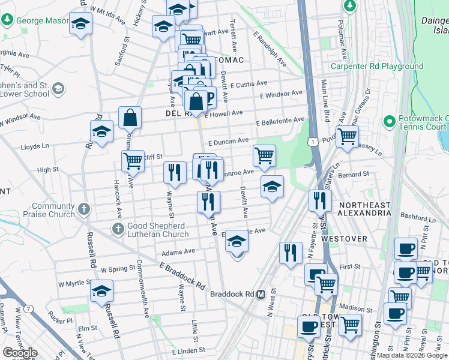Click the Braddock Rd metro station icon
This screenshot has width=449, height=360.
click(261, 294)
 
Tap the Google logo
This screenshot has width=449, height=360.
click(20, 353)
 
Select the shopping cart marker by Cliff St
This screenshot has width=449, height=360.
click(133, 160)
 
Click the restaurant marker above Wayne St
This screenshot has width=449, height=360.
click(175, 172)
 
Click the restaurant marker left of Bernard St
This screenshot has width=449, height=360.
click(320, 200)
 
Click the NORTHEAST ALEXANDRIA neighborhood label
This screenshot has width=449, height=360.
click(364, 209)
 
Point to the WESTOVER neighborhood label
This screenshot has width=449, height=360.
click(344, 238)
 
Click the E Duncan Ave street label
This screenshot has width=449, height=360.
click(228, 142)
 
